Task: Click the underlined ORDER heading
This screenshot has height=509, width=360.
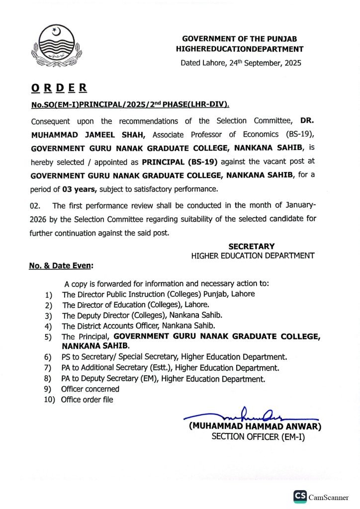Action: [x=59, y=88]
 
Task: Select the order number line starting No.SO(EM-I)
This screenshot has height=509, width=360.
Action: [x=130, y=104]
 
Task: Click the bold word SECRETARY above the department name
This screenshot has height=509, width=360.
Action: [x=251, y=246]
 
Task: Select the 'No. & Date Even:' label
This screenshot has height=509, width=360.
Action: [x=61, y=266]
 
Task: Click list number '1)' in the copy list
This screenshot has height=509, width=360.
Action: [x=49, y=294]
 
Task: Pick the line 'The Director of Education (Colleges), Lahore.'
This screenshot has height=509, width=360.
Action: [x=136, y=305]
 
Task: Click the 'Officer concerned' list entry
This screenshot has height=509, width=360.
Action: [x=90, y=389]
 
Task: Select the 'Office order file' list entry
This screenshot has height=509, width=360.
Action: [x=87, y=399]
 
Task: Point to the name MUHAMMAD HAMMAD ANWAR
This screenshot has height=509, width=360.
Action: [x=255, y=426]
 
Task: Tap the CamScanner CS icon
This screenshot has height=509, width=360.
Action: [x=300, y=496]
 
